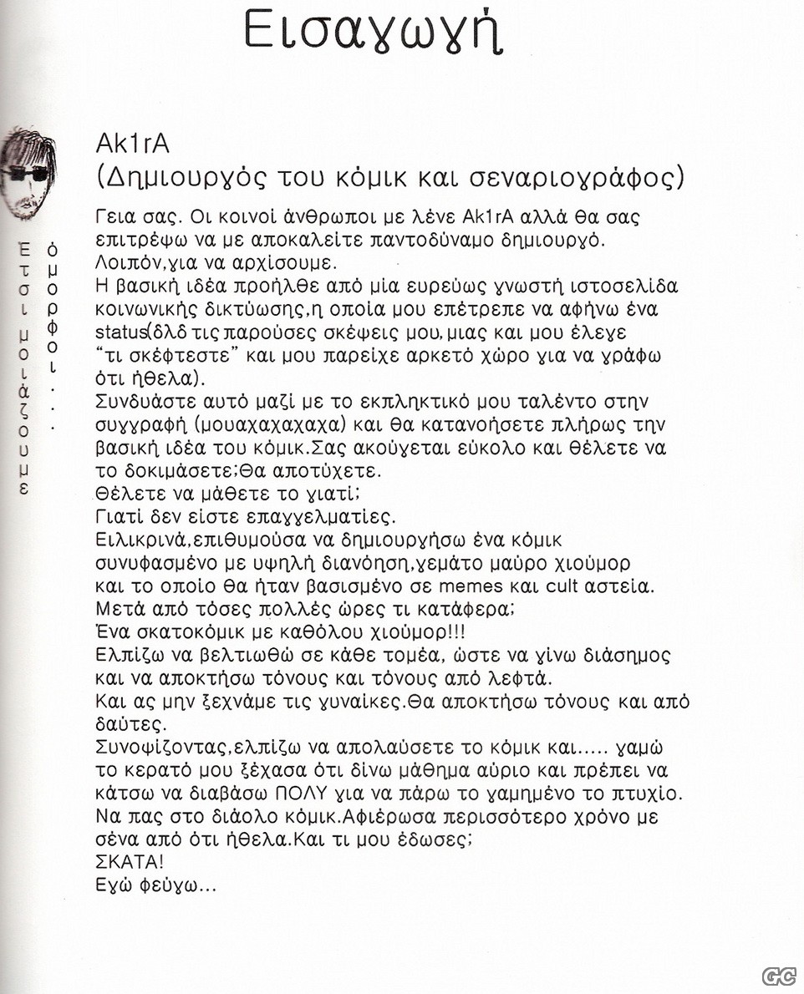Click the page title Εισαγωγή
click(x=374, y=32)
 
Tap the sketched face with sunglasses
click(x=28, y=175)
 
